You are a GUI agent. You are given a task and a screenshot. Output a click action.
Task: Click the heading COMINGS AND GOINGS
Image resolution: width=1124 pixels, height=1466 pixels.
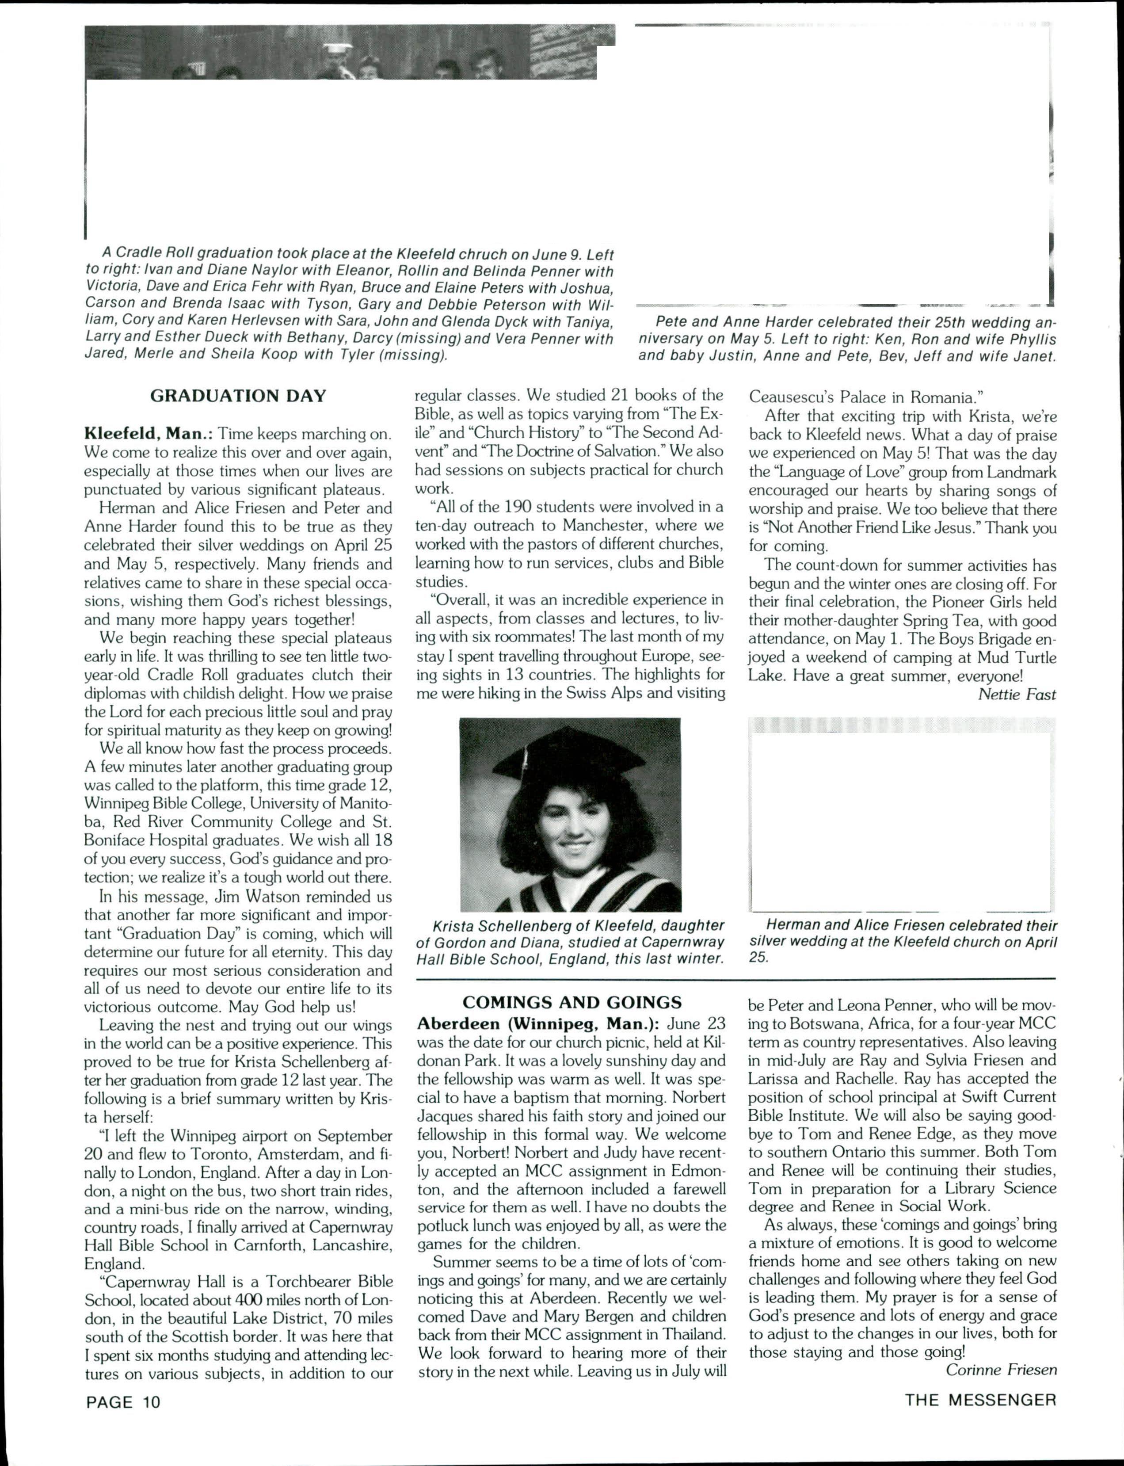(x=572, y=1002)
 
